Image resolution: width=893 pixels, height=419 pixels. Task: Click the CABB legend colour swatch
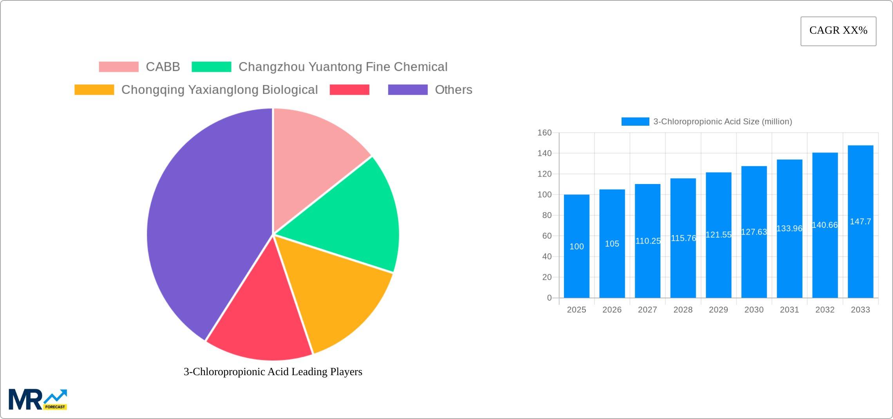tap(119, 67)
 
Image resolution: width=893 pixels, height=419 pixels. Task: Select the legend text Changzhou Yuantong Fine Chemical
tap(343, 67)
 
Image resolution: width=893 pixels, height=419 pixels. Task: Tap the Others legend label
tap(454, 90)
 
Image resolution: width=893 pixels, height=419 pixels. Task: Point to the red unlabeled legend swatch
tap(349, 90)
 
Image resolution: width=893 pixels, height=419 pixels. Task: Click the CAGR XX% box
tap(838, 31)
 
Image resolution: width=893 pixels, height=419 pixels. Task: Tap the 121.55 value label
tap(718, 235)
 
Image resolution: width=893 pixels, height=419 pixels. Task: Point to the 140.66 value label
tap(825, 225)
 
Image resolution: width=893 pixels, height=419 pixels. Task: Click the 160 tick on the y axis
tap(544, 133)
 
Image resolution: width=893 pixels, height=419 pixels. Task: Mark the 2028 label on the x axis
tap(683, 310)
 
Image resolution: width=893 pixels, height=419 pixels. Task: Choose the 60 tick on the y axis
tap(547, 236)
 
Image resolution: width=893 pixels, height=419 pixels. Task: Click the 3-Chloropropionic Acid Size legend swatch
tap(635, 122)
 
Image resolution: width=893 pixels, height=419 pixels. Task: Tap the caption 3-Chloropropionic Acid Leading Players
tap(273, 372)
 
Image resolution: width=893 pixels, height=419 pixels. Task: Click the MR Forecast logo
tap(38, 399)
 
